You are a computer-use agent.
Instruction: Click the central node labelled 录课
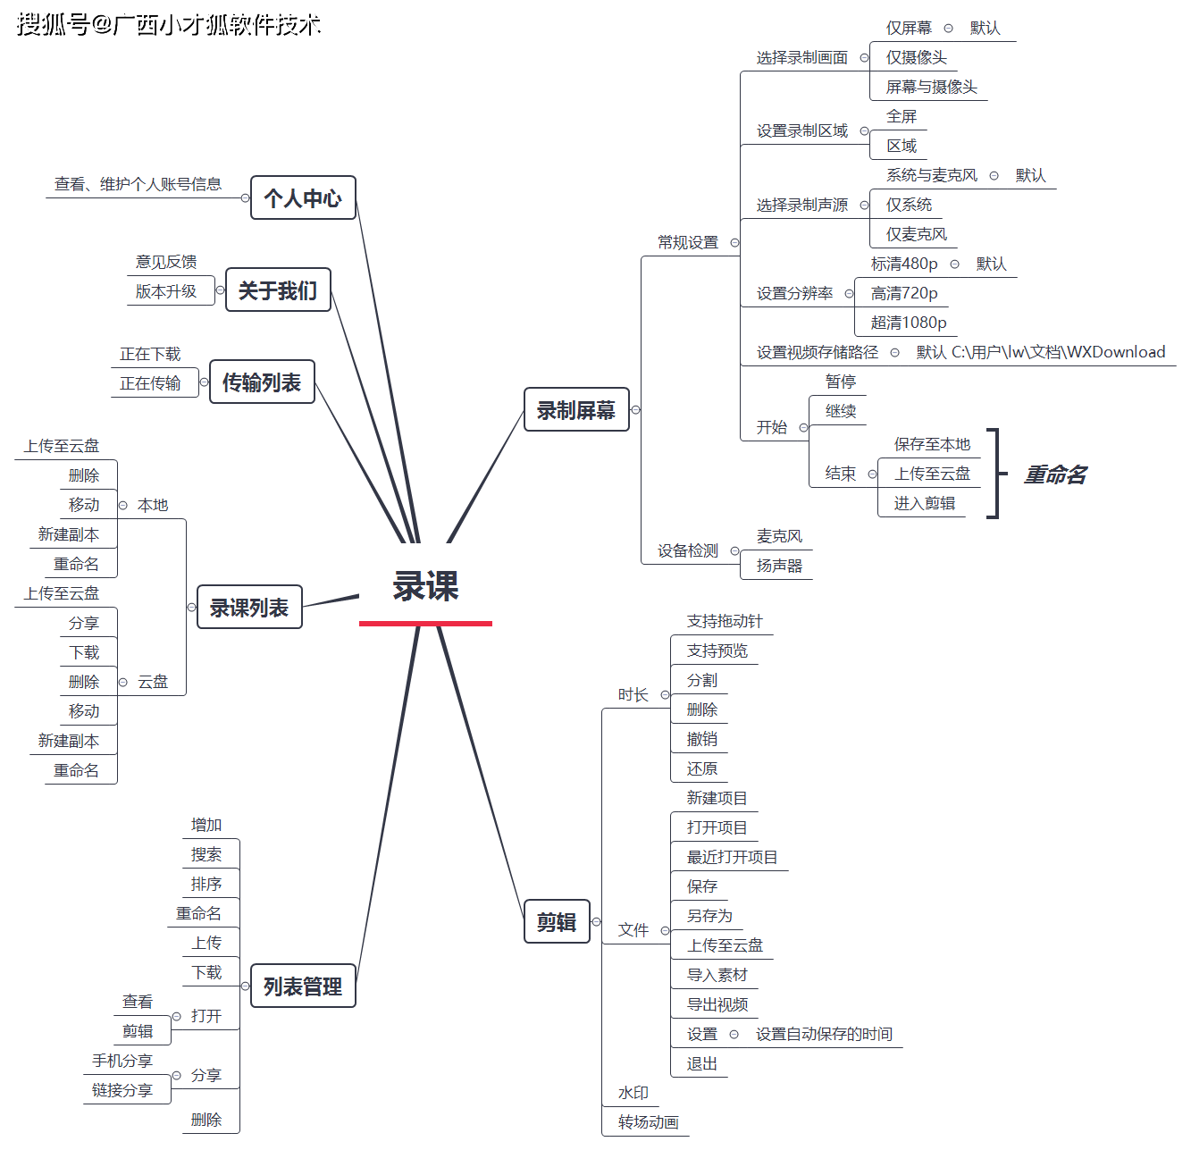pos(425,586)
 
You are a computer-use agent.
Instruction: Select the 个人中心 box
pos(303,197)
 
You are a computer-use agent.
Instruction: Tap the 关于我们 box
pos(278,290)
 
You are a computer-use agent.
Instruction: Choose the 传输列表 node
pos(262,382)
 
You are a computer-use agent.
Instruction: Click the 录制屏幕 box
pos(576,410)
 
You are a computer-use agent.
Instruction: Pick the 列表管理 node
pos(303,986)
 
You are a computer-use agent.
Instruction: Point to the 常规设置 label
pos(688,242)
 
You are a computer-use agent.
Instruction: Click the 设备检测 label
pos(688,550)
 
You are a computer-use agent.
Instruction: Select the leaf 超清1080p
pos(909,323)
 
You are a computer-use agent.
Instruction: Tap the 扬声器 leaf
pos(779,566)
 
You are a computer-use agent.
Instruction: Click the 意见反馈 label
pos(166,262)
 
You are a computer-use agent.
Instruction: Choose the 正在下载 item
pos(150,354)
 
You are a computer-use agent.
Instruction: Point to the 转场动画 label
pos(649,1122)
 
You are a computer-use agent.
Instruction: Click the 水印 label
pos(633,1093)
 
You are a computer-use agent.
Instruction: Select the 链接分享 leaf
pos(122,1090)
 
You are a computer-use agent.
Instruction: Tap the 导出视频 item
pos(717,1004)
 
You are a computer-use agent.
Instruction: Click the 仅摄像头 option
pos(916,57)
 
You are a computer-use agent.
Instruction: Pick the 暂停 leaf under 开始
pos(841,382)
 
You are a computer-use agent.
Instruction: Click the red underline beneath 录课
pos(425,623)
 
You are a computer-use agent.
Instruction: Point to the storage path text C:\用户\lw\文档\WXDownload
pos(1058,352)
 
